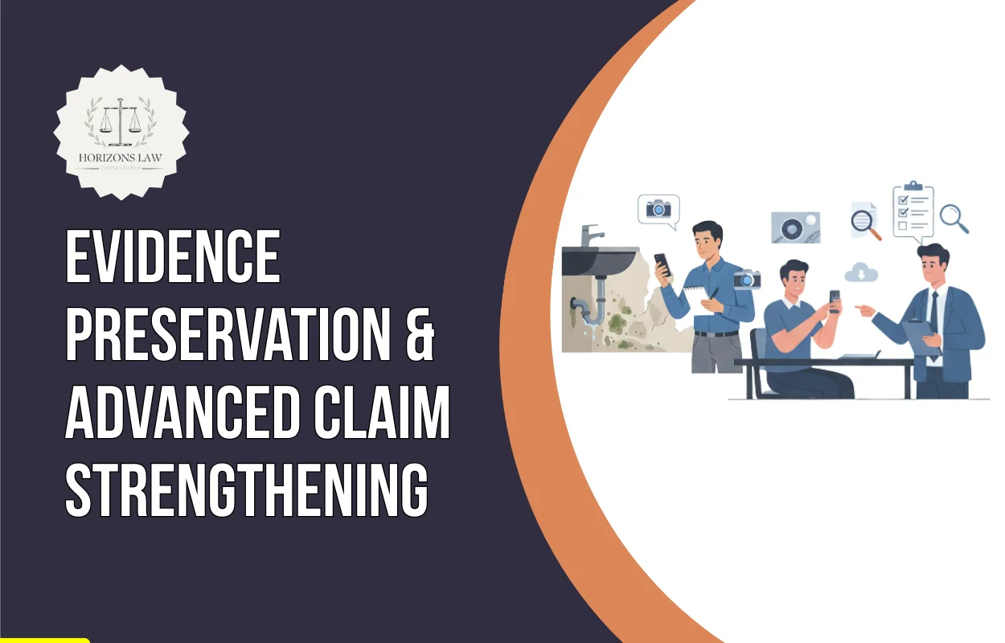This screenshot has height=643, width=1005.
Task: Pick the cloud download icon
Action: (x=862, y=273)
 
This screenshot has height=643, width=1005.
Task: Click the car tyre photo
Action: (x=795, y=227)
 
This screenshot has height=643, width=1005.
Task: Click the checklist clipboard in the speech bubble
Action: (x=913, y=209)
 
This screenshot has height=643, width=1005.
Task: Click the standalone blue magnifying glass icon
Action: (x=954, y=217)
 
